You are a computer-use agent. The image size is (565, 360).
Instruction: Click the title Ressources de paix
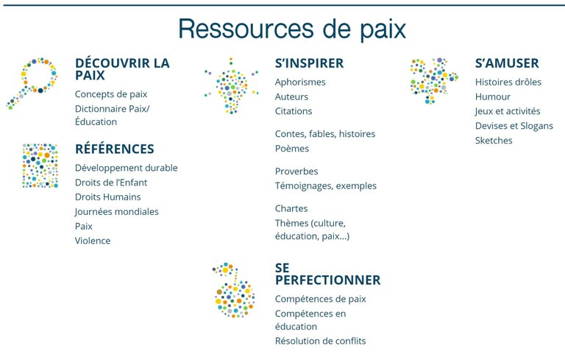(x=292, y=29)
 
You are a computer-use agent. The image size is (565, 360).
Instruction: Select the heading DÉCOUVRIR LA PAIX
(x=122, y=69)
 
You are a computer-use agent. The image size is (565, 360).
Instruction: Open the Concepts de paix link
(x=111, y=94)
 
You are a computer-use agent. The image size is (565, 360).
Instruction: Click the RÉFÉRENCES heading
(x=115, y=149)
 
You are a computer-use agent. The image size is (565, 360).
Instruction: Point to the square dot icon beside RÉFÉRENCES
(x=40, y=165)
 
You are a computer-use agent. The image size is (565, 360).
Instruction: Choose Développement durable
(x=126, y=168)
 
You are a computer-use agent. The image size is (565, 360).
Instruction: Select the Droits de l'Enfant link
(x=111, y=183)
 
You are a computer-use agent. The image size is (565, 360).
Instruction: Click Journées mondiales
(x=116, y=211)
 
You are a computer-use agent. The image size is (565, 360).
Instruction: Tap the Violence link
(x=93, y=241)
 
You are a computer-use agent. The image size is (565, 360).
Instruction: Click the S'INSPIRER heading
(x=309, y=63)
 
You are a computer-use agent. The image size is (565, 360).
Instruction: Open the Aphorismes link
(x=300, y=82)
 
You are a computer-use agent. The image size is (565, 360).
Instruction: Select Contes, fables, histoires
(x=325, y=134)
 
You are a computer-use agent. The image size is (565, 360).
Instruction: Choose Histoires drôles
(x=508, y=82)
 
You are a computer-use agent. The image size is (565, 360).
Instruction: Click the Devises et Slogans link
(x=514, y=126)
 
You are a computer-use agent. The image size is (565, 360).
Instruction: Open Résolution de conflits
(x=320, y=341)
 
